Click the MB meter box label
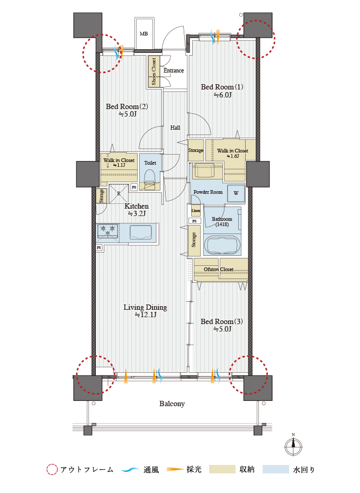click(x=143, y=34)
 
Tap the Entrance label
click(x=174, y=70)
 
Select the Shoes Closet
click(x=154, y=71)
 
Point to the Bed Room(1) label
click(x=222, y=87)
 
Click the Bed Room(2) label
click(x=127, y=106)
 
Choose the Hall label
click(x=175, y=128)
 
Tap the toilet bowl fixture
click(x=150, y=176)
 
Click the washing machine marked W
click(x=236, y=193)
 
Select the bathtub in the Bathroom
click(x=222, y=244)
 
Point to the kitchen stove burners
click(x=108, y=231)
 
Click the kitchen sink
click(x=140, y=232)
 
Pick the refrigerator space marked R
click(x=119, y=194)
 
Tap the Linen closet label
click(x=195, y=211)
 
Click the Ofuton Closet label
click(x=219, y=270)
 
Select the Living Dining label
click(x=145, y=307)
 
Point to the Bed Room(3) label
click(x=222, y=321)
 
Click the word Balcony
click(x=172, y=404)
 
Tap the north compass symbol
click(x=293, y=446)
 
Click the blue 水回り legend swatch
click(x=276, y=469)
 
